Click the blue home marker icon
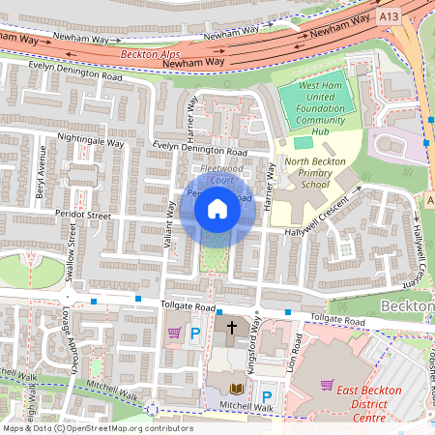click(217, 209)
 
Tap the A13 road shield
click(388, 16)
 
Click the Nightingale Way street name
click(91, 142)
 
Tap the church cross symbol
click(231, 330)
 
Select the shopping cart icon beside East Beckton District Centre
click(327, 386)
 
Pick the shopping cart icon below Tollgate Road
click(174, 333)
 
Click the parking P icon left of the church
click(195, 333)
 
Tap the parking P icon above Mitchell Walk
click(267, 395)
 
